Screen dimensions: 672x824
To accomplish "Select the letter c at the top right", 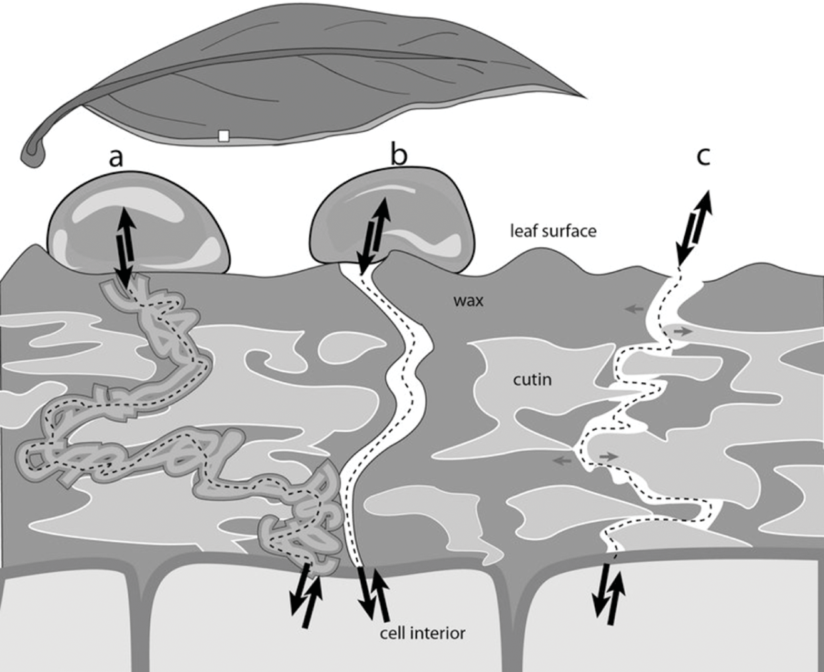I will coord(703,156).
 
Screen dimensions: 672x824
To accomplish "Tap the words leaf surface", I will coord(553,231).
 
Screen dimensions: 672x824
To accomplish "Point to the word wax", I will coord(468,300).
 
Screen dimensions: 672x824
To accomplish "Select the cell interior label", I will coord(422,632).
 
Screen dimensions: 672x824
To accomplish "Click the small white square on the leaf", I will coord(224,136).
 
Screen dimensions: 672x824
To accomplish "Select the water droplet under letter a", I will coord(138,226).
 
